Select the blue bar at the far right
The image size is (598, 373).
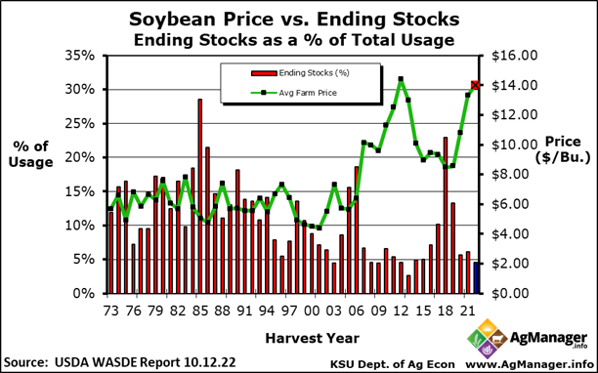[475, 277]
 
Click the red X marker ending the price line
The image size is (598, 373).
[475, 86]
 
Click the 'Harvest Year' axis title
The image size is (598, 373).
[290, 338]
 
